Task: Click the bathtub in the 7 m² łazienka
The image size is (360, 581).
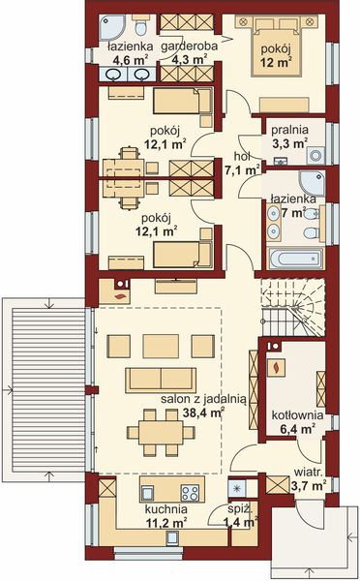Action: click(x=294, y=260)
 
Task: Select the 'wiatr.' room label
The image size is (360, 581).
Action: click(x=309, y=474)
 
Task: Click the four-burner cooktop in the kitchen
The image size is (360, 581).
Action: click(x=190, y=490)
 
